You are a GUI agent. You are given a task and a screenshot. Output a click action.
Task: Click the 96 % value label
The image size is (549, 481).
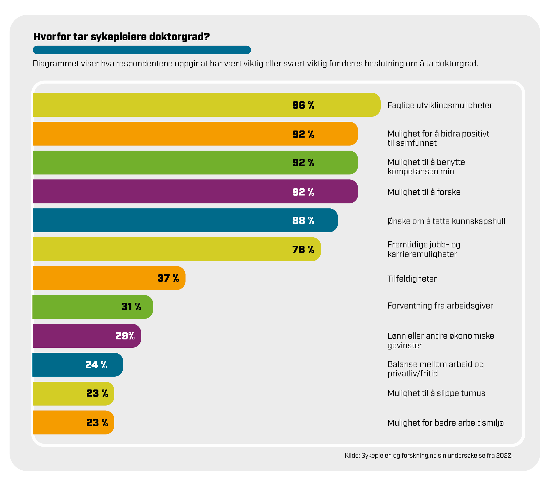coord(303,105)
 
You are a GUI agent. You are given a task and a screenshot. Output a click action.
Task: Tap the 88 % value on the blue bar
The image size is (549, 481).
coord(303,220)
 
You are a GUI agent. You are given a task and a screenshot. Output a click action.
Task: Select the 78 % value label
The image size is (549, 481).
coord(303,249)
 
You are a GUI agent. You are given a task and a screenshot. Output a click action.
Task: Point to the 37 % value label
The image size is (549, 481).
coord(168,278)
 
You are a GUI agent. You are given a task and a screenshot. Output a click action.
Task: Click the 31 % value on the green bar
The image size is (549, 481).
coord(131,307)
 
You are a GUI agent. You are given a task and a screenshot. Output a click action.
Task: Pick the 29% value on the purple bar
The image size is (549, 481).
coord(125,336)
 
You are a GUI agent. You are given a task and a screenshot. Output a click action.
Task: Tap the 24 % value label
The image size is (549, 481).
coord(96,365)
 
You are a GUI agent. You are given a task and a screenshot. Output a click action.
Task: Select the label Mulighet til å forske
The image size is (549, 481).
coord(424,192)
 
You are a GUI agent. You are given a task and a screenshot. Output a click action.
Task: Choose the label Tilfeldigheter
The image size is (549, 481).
coord(412,279)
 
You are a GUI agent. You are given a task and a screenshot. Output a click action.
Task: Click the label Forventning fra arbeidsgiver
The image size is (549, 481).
coord(440,306)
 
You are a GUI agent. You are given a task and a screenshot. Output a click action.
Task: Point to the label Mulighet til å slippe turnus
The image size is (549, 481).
coord(436,393)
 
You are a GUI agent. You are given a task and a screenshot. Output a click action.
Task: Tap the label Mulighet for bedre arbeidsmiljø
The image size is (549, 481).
coord(445,423)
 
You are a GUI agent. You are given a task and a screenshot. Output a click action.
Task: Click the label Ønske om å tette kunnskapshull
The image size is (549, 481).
coord(446,221)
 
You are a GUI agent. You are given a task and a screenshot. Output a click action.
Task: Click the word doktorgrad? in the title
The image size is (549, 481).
coord(179,37)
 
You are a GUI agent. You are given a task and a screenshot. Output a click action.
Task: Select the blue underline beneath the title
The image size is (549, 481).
coord(142,50)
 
